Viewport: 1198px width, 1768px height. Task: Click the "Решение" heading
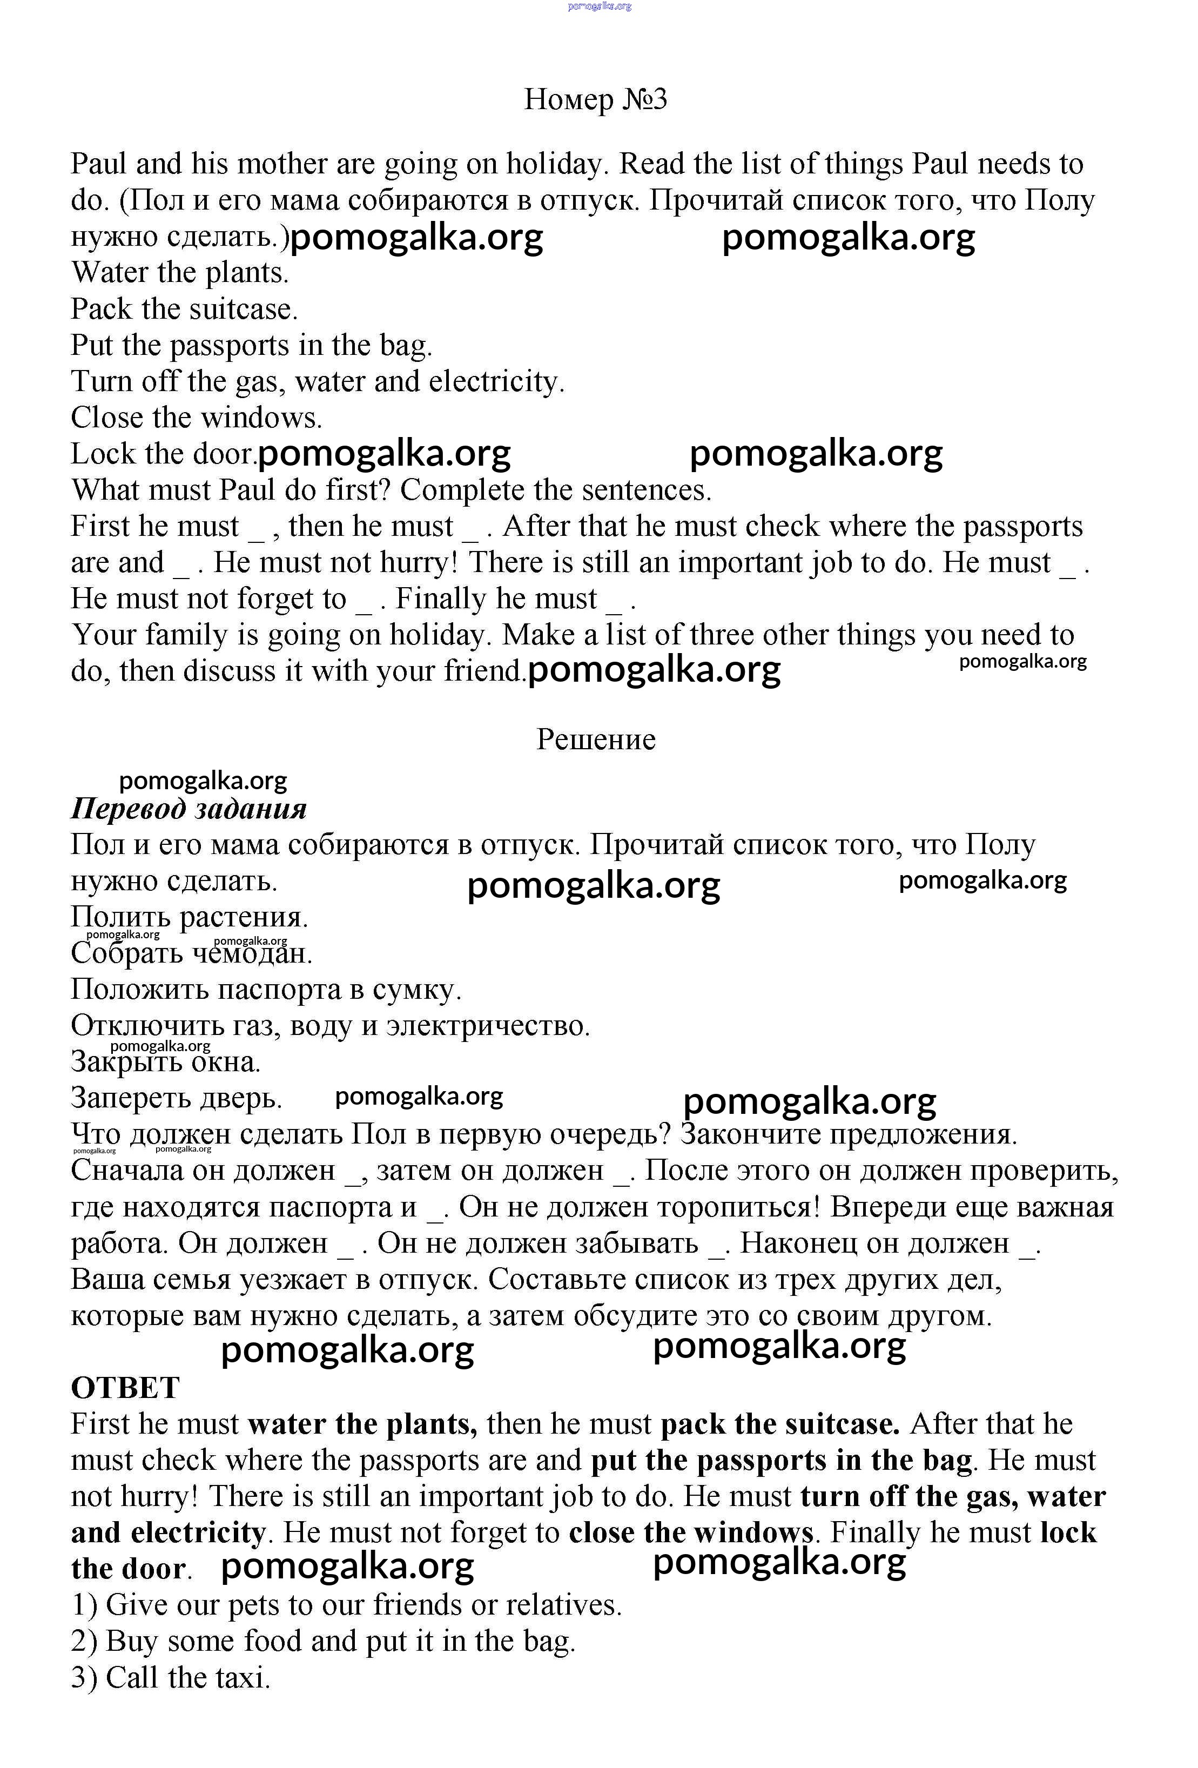pyautogui.click(x=596, y=740)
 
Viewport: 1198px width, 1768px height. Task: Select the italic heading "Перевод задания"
pyautogui.click(x=189, y=809)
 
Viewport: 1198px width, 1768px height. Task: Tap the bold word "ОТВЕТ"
pyautogui.click(x=125, y=1388)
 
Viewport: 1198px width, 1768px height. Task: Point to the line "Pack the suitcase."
pyautogui.click(x=184, y=310)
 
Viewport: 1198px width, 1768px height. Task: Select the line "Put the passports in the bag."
pyautogui.click(x=251, y=345)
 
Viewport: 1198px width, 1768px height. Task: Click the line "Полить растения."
pyautogui.click(x=190, y=917)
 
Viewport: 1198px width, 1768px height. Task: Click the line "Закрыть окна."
pyautogui.click(x=166, y=1062)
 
